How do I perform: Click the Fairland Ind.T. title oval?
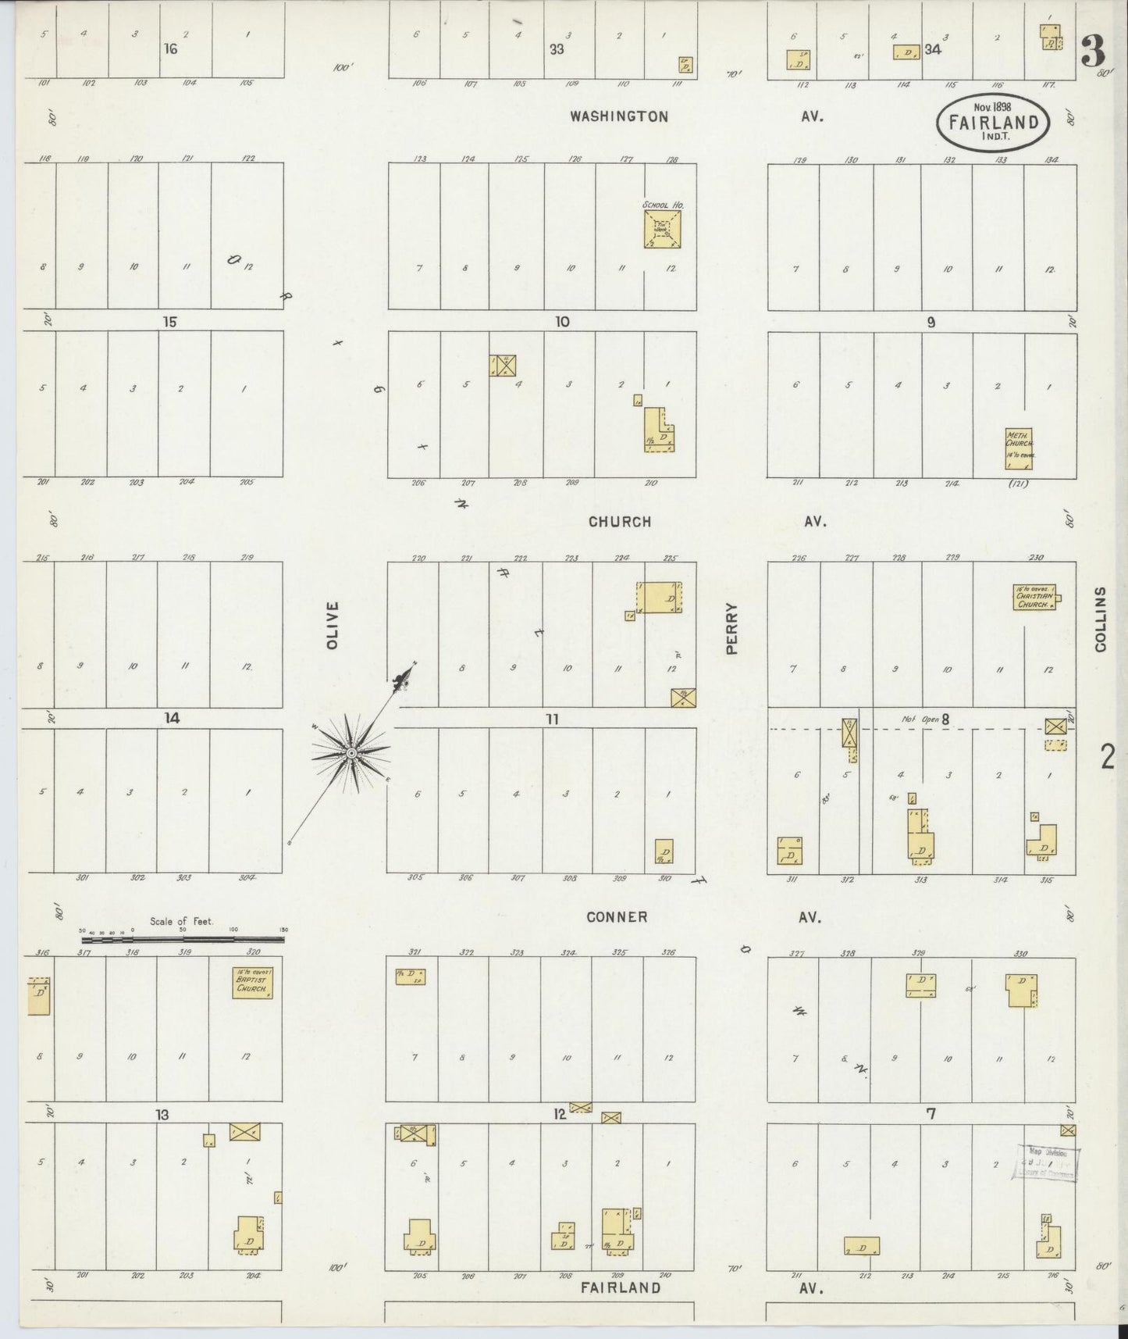pos(993,123)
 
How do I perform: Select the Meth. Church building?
pos(1018,448)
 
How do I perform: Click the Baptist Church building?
pos(252,982)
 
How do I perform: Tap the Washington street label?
pos(618,116)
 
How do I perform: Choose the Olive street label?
pos(333,625)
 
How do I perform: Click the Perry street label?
pos(731,627)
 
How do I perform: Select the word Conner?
pos(617,917)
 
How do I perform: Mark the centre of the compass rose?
pos(351,752)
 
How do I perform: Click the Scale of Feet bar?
pos(183,938)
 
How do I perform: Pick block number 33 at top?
pos(556,49)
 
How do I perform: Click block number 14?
pos(172,718)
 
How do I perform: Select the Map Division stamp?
pos(1047,1163)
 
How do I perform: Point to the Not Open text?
pos(920,719)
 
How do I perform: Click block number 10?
pos(562,321)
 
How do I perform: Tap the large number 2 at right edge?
pos(1107,757)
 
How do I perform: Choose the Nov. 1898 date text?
pos(992,106)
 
